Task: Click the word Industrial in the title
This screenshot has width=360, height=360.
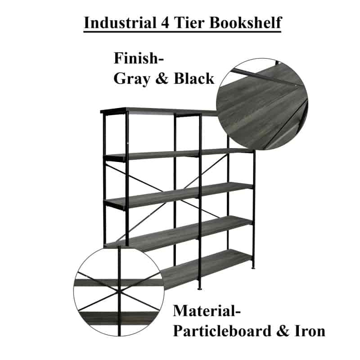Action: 120,23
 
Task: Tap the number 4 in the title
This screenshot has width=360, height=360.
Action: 165,23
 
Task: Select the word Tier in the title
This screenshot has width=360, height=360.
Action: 189,23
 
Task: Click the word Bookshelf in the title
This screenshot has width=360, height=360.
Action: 245,23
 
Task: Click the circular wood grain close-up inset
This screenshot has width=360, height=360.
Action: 262,104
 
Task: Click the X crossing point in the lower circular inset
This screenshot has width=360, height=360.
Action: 119,291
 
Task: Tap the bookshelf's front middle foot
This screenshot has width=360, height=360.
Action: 200,288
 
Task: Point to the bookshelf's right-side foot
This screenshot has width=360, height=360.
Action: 253,268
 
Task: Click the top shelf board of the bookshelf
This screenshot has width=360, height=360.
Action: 158,111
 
